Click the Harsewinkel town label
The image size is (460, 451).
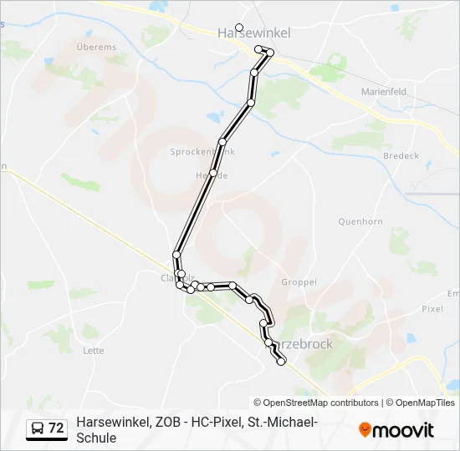253,33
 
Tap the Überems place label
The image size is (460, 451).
95,48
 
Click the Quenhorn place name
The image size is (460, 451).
360,221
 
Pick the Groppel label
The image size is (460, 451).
299,282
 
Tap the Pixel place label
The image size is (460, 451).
432,308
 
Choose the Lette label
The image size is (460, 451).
94,351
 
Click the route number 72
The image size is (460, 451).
56,428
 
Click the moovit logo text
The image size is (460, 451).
403,430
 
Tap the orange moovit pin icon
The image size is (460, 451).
365,430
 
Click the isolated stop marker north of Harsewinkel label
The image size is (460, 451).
239,27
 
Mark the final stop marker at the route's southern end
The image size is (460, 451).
281,362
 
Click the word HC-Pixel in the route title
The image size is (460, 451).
213,423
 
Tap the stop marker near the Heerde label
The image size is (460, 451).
213,173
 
